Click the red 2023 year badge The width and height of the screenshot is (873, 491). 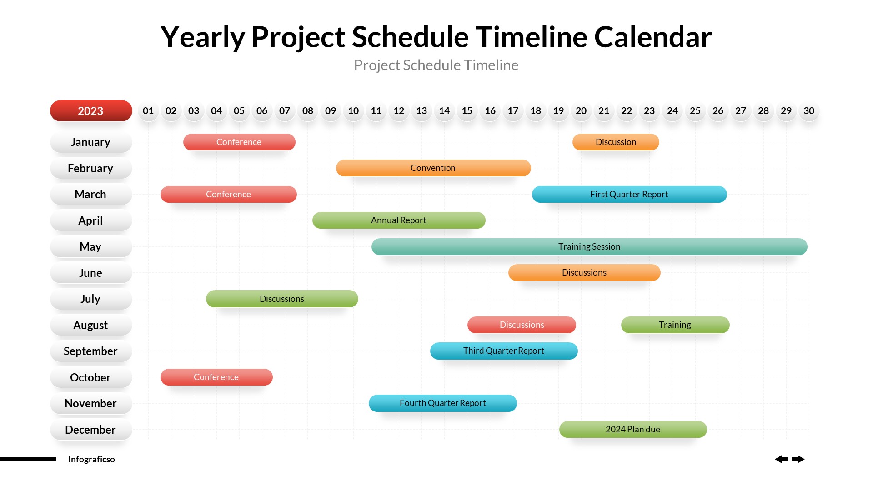point(91,111)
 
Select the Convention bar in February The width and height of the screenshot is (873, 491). point(433,168)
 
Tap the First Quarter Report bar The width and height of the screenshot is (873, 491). point(629,195)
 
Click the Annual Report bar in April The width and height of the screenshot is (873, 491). point(398,220)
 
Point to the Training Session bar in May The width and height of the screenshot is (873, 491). point(589,247)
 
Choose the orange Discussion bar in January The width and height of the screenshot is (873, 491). point(616,142)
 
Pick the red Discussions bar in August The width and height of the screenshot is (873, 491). point(522,325)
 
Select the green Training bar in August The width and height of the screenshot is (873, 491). point(675,325)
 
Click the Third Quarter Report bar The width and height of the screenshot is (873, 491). point(503,351)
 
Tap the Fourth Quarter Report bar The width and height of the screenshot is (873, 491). point(442,403)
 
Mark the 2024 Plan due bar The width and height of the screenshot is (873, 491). point(632,430)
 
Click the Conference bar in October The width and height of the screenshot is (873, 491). point(216,377)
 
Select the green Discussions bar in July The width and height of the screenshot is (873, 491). point(281,299)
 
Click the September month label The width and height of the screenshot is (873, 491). point(90,351)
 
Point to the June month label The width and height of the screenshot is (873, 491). point(90,273)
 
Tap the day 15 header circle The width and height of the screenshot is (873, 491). point(467,111)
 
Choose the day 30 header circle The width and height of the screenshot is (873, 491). point(809,111)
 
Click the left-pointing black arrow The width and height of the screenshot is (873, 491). point(781,459)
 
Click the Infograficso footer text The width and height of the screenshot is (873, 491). point(91,460)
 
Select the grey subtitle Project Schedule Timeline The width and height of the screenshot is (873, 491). point(436,65)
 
